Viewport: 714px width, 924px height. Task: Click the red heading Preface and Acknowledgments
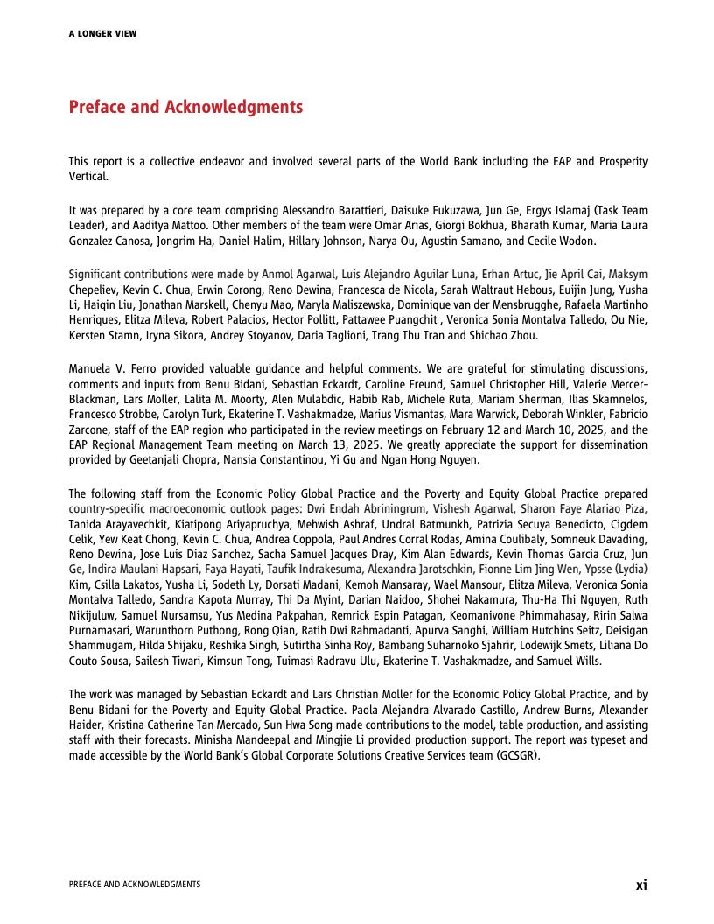point(185,107)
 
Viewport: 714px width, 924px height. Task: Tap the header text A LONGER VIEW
point(102,34)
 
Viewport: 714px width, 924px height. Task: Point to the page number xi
point(641,885)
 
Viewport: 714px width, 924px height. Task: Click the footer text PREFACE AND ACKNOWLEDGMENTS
point(134,885)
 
